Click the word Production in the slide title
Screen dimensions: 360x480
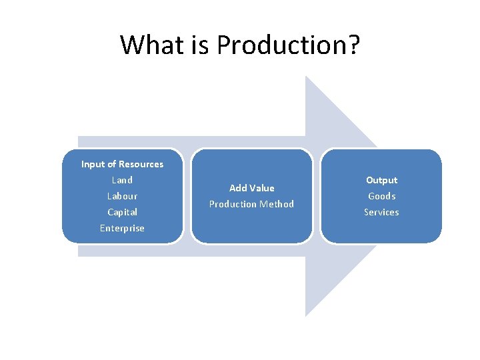click(281, 45)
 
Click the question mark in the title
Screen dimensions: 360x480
click(353, 45)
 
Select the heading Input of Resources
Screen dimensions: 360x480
click(122, 164)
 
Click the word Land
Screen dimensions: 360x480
click(122, 180)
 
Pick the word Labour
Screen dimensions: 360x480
click(122, 196)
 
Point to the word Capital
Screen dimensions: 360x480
click(122, 212)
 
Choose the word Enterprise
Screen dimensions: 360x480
click(122, 228)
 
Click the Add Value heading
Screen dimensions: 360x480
click(251, 188)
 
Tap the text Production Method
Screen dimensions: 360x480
click(251, 204)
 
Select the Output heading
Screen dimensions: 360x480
click(381, 180)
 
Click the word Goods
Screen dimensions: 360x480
click(381, 196)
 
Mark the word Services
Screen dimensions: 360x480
click(381, 212)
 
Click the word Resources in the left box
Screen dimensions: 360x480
click(141, 164)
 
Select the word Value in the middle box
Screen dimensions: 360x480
click(262, 188)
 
